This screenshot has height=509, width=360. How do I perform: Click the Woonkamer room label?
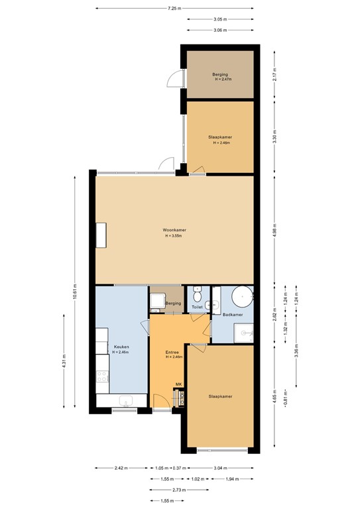[174, 230]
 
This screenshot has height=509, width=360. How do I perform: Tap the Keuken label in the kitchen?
[121, 347]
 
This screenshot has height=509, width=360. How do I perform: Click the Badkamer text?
[233, 314]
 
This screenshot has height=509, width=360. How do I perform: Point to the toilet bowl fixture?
[197, 292]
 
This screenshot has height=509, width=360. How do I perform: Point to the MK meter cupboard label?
[178, 384]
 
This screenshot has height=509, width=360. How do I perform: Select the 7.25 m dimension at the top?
[174, 9]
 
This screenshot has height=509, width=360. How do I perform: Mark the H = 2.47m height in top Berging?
[220, 80]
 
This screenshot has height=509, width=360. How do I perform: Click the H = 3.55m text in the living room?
[174, 236]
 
